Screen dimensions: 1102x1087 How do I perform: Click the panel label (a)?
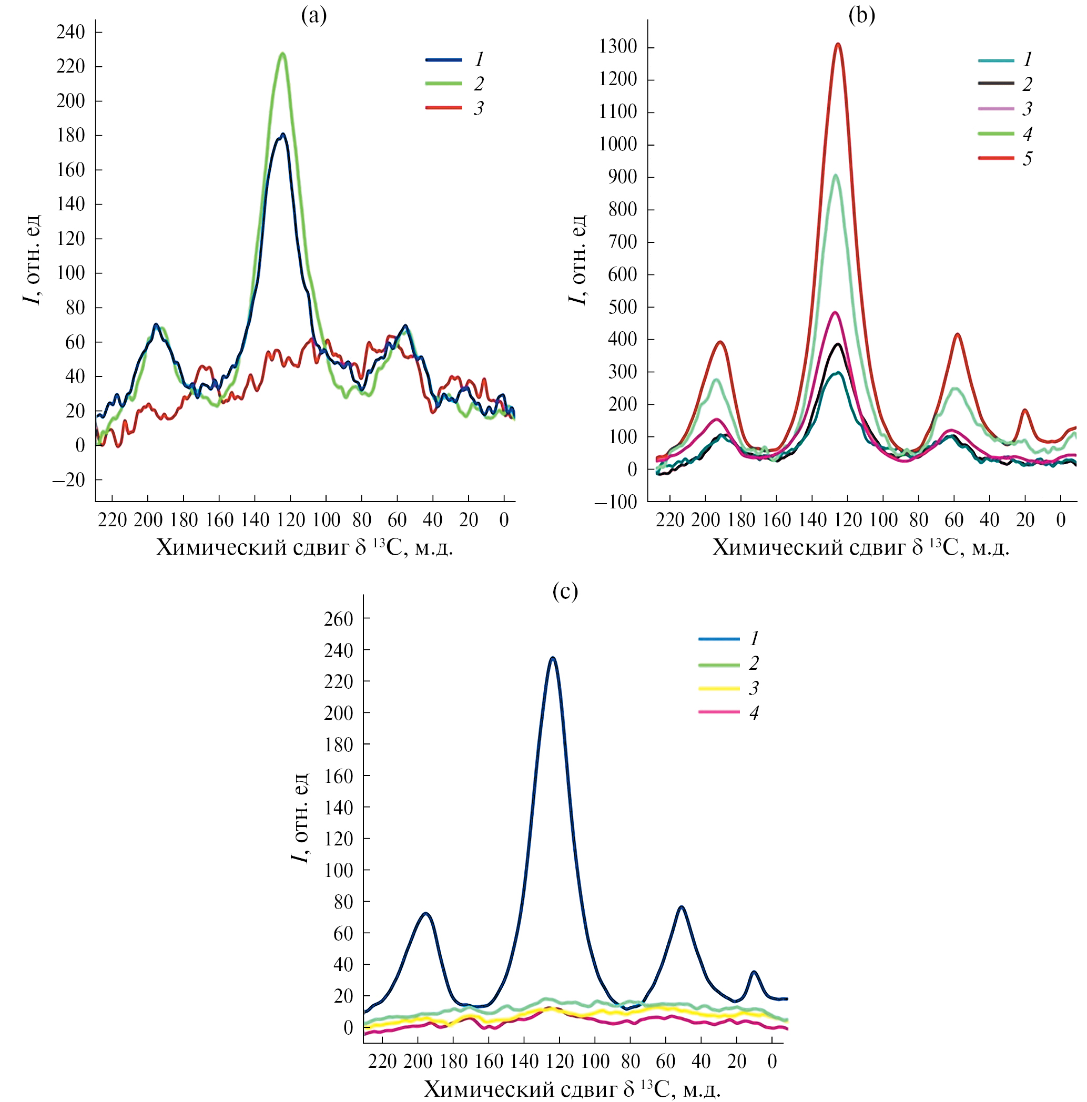click(314, 16)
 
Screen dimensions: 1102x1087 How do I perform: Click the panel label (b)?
click(861, 16)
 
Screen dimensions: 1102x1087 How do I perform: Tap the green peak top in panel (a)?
click(282, 54)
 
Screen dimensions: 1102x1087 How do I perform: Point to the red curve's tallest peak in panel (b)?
click(838, 44)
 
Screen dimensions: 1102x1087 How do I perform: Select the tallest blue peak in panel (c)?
click(552, 658)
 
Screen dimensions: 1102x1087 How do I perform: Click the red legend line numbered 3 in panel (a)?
click(444, 108)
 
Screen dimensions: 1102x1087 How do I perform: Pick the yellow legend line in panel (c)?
click(719, 688)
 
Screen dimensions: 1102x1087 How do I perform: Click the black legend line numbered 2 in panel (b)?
click(996, 83)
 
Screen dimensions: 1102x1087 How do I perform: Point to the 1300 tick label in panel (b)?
click(618, 47)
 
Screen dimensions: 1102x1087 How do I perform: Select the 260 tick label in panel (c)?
click(338, 619)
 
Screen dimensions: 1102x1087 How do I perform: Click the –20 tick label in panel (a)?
click(68, 480)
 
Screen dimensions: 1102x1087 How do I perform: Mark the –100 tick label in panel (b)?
click(616, 503)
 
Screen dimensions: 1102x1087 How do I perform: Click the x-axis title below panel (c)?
click(572, 1089)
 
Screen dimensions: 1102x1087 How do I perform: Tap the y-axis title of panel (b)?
click(577, 260)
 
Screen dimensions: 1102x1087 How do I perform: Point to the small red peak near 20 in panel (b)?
click(1025, 410)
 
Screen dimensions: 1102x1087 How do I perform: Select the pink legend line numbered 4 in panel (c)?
click(719, 712)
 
